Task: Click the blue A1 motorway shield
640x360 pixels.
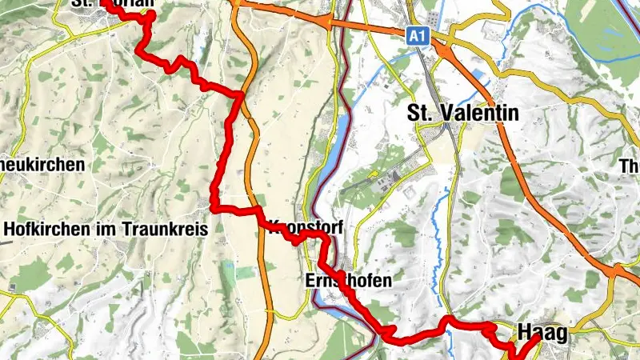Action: pos(415,36)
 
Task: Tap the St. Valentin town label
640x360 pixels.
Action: pos(463,113)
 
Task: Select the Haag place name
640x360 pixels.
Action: pos(542,332)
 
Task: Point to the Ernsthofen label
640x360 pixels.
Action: pos(349,281)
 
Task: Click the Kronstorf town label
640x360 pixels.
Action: pos(308,228)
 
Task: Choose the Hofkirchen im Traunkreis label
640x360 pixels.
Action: pos(106,229)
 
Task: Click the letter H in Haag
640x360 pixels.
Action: pos(525,332)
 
